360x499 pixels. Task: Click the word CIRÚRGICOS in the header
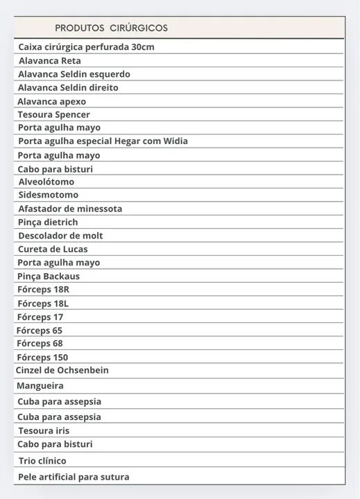point(138,28)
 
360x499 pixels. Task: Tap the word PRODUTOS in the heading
point(79,28)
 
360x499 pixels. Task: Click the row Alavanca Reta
point(49,61)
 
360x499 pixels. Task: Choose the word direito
point(101,88)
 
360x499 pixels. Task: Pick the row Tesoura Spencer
point(54,115)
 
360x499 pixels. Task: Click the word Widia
point(175,141)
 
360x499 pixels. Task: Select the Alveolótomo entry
point(46,182)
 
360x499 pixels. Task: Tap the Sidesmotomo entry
point(49,195)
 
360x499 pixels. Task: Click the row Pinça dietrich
point(48,222)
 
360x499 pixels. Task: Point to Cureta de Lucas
point(53,249)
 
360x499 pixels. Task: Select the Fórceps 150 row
point(42,358)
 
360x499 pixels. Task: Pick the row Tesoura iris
point(44,431)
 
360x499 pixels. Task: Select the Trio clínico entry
point(42,461)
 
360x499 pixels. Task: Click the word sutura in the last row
point(114,478)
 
